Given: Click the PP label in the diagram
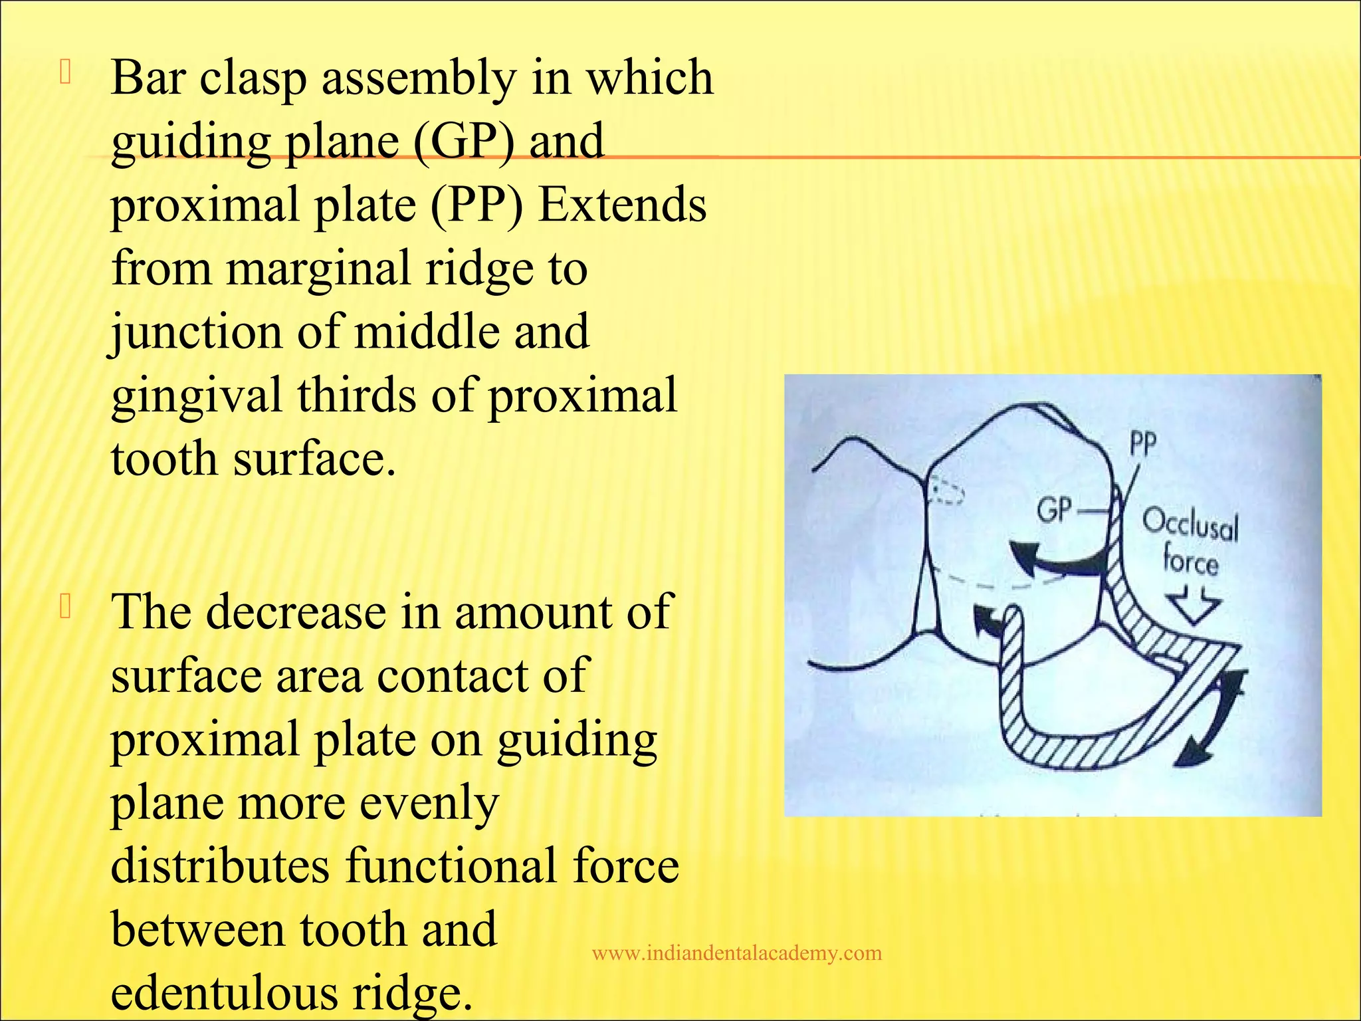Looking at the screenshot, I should click(x=1143, y=444).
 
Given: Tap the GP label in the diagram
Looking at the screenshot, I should click(x=1055, y=511).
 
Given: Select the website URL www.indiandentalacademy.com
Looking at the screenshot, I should click(x=736, y=954).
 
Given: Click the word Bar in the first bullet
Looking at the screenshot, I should click(x=148, y=78).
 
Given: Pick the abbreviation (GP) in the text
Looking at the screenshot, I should click(x=463, y=142).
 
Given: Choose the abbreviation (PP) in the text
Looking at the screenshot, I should click(x=477, y=205).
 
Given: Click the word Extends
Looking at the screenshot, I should click(x=622, y=205).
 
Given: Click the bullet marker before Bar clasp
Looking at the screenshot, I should click(x=64, y=72).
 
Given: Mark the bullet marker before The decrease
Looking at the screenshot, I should click(x=64, y=607).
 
